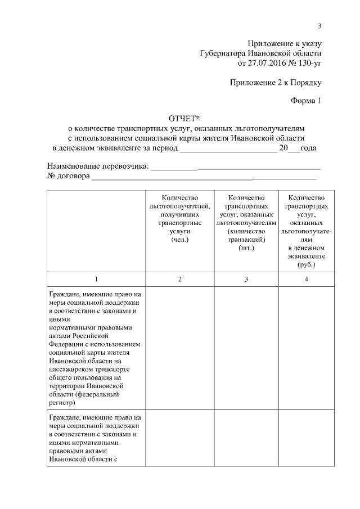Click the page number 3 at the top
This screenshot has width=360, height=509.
tap(319, 25)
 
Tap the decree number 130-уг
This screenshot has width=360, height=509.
tap(307, 64)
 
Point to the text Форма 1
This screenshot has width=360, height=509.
tap(305, 101)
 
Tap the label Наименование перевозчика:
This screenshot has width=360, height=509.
tap(98, 166)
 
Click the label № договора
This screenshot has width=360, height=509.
tap(68, 176)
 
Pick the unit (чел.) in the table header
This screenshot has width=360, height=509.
tap(179, 240)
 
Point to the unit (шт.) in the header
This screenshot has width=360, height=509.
tap(246, 248)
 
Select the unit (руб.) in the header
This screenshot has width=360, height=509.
tap(306, 264)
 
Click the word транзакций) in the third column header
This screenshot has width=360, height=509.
tap(246, 240)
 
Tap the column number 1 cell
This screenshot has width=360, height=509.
tap(96, 280)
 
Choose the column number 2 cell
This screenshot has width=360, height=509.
tap(179, 280)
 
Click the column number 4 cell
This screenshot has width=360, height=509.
tap(306, 280)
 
